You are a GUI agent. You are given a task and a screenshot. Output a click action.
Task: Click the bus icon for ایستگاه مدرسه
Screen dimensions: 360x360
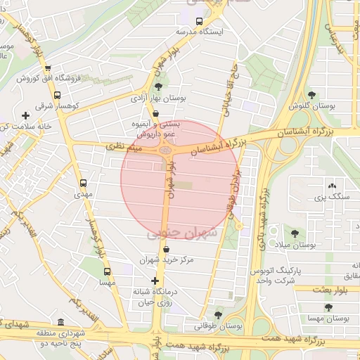[x=199, y=21]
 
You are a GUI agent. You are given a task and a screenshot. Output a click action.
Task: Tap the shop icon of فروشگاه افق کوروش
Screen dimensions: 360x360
[x=47, y=68]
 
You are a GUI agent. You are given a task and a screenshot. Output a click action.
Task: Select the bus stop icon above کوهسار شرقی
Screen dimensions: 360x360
[x=57, y=95]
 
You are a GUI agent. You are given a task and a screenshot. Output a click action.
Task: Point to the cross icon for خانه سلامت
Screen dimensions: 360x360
[x=26, y=115]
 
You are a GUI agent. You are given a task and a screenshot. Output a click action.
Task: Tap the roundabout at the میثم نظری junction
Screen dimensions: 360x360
[x=167, y=148]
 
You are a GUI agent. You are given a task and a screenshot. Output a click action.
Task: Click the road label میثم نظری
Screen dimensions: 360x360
[x=124, y=147]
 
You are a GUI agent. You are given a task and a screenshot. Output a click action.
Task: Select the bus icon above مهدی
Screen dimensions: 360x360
[x=84, y=182]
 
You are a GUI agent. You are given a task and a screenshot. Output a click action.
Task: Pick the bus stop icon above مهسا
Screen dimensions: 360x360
[x=107, y=271]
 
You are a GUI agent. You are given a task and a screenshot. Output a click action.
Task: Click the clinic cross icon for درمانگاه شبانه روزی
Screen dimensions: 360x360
[x=155, y=281]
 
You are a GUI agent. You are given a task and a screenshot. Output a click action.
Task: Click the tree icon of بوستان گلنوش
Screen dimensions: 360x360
[x=312, y=96]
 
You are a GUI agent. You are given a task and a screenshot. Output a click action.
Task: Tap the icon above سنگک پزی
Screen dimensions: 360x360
[x=332, y=186]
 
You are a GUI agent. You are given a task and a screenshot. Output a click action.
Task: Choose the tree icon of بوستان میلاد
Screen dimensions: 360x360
[x=294, y=233]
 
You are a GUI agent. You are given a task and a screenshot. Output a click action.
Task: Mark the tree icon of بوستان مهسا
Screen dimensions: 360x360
[x=328, y=307]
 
